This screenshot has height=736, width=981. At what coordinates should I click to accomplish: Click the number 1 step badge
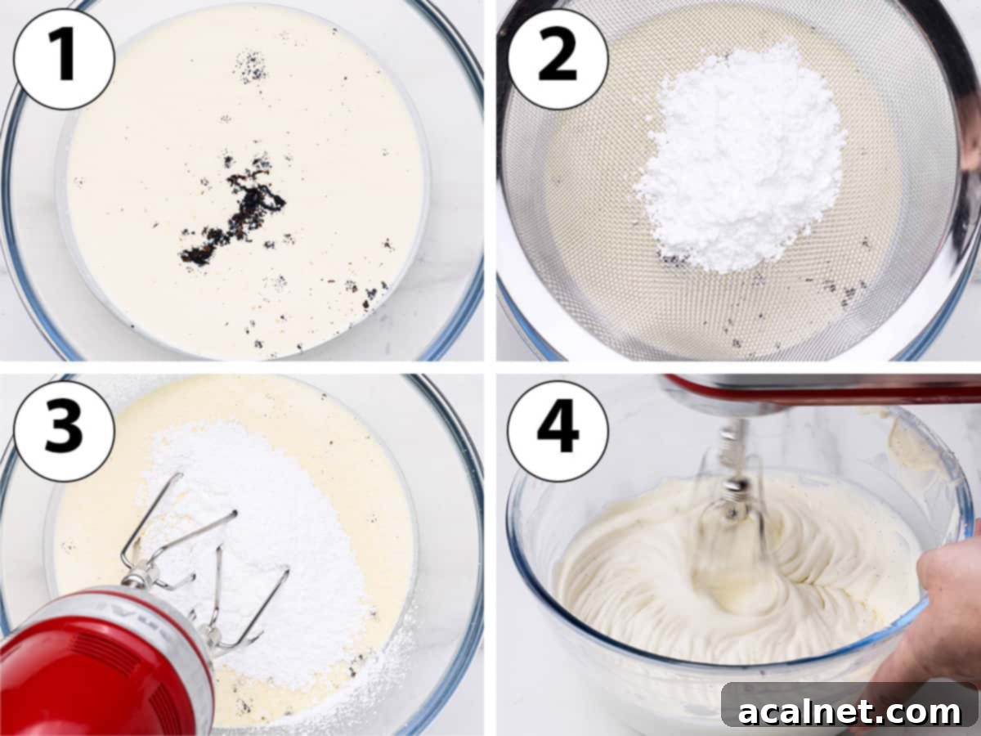point(63,59)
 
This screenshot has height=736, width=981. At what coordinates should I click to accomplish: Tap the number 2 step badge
point(558,59)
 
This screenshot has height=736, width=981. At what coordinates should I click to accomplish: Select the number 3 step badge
point(63,430)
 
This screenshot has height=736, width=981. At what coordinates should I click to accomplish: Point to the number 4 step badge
point(558,430)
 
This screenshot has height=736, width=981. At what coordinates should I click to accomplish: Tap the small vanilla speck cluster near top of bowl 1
point(250,65)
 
